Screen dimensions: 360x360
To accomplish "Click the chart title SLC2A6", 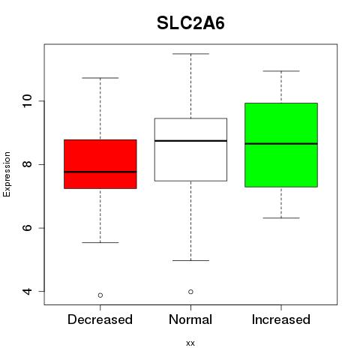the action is [190, 23].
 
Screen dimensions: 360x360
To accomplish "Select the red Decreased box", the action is [100, 164].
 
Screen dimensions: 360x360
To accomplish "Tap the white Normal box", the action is [190, 149].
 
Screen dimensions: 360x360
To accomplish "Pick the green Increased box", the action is [281, 145].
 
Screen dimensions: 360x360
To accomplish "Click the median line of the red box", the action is [100, 172].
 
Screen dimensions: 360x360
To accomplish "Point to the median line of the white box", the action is [190, 141].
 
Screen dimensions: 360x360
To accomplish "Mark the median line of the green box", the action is [281, 143].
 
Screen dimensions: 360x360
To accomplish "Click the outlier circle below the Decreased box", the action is [100, 295].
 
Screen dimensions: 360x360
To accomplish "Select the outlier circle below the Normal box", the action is [190, 292].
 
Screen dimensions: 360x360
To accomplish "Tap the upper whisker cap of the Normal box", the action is [190, 54].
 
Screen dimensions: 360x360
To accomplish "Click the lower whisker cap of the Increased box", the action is [281, 218].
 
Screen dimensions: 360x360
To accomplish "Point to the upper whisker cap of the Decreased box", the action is [100, 78].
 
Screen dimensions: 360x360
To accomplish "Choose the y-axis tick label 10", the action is [27, 101].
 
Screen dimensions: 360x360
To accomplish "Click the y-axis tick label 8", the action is [27, 164].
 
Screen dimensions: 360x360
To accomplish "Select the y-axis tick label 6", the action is [27, 228].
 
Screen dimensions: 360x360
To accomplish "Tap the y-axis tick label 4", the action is [27, 291].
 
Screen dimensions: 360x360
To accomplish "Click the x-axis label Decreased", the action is [100, 319].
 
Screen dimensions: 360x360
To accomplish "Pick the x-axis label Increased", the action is [281, 319].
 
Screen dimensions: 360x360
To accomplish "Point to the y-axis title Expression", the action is [7, 174].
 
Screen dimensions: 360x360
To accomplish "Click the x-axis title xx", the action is [190, 343].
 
